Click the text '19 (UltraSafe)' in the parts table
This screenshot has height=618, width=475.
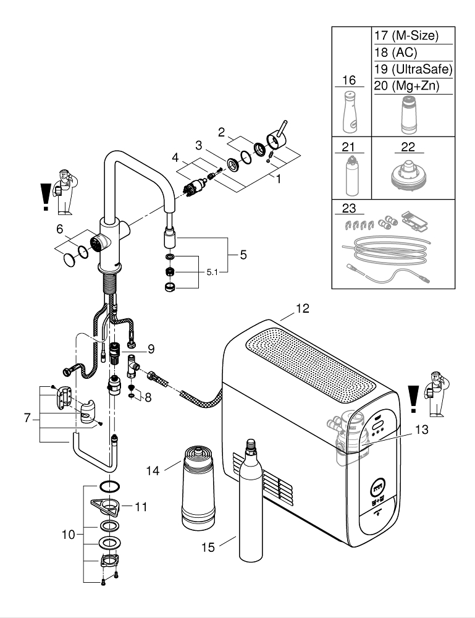pyautogui.click(x=413, y=69)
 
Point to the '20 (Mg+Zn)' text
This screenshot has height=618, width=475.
pyautogui.click(x=406, y=86)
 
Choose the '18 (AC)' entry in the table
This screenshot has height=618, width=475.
pyautogui.click(x=396, y=53)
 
